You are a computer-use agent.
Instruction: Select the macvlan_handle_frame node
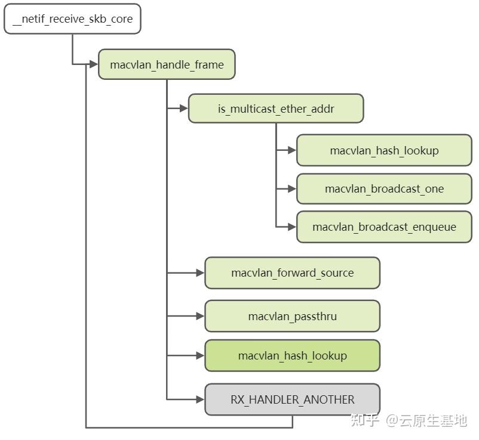point(167,64)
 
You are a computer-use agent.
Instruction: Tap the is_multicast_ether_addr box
point(275,109)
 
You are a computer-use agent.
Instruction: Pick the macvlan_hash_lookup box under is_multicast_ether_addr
point(384,150)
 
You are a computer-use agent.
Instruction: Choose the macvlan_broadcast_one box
point(384,188)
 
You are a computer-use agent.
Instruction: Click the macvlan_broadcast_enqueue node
point(384,227)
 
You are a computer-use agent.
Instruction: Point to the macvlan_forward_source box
point(292,273)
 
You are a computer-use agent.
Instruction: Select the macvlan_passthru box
point(292,316)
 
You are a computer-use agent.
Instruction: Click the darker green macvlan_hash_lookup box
point(292,355)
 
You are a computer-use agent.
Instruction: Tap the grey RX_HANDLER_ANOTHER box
point(292,399)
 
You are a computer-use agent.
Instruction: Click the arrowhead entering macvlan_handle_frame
point(93,64)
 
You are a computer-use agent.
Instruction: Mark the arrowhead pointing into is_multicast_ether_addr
point(183,109)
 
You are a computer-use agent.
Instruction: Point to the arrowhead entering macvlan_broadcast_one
point(291,188)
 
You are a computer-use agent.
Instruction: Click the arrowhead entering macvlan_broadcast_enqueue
point(291,227)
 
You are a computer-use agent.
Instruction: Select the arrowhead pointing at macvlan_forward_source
point(199,273)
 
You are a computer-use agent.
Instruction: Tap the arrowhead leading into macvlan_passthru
point(199,316)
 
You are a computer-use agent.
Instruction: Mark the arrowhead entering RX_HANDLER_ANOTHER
point(199,399)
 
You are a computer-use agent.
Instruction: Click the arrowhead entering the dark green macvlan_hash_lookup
point(199,355)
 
